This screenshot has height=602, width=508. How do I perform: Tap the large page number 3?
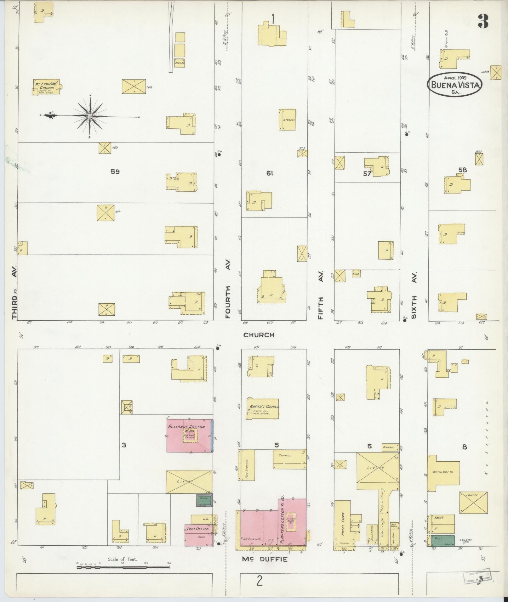point(482,21)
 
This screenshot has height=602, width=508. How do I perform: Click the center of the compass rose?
point(90,116)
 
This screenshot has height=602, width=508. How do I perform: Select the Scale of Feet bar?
point(123,567)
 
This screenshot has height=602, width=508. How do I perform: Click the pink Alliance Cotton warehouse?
point(189,435)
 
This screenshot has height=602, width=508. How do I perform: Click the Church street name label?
point(259,335)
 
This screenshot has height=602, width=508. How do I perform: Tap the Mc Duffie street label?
point(265,559)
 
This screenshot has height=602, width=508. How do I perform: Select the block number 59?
point(115,172)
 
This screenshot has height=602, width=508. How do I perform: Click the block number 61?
point(270,173)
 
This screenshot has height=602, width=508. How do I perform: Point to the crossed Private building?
point(473,506)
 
